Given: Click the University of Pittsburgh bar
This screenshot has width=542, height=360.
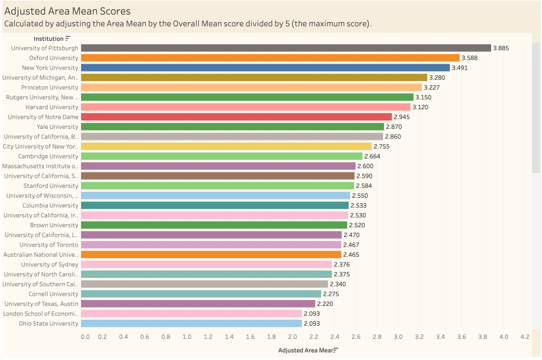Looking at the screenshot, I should point(286,48).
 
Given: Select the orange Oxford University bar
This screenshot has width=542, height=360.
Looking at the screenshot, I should point(270,58).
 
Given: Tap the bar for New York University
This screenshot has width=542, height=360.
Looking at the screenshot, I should point(265,68).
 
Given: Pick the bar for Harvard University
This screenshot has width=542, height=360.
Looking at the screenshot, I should point(246,107).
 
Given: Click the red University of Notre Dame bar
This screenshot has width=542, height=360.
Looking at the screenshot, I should point(236,117).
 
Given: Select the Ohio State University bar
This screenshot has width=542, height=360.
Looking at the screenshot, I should point(191,323).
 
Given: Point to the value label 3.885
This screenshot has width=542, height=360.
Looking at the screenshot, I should point(501,48).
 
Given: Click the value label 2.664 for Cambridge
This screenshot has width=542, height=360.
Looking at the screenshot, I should point(372,156).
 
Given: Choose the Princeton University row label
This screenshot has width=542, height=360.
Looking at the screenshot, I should point(50,87).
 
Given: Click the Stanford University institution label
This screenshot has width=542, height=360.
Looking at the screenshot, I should point(51,186).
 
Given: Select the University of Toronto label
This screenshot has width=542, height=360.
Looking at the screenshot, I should point(49,245).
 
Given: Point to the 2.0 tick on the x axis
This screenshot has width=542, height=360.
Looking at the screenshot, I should point(292,337).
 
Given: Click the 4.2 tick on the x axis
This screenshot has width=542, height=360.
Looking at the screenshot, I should point(525,337).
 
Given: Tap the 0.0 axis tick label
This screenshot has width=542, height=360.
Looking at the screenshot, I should point(85,337).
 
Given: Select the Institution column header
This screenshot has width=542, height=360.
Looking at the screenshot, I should point(49,39).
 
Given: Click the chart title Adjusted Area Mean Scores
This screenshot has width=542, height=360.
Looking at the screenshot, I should point(67,11).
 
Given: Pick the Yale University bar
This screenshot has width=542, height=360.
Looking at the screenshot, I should point(232,127).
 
